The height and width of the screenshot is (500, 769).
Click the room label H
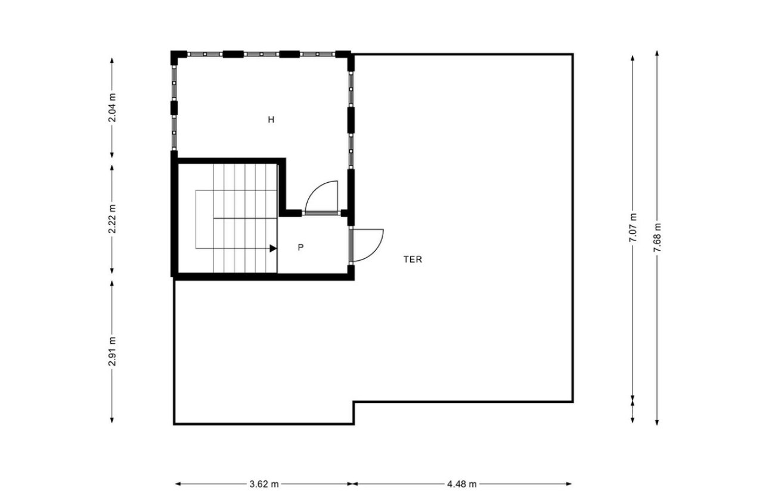(x=271, y=120)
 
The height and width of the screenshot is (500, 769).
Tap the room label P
(x=300, y=247)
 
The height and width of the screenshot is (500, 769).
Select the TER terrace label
(x=413, y=260)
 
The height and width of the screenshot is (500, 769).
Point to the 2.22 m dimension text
(x=111, y=219)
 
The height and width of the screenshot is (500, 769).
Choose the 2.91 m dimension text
(x=111, y=352)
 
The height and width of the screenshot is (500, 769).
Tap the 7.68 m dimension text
(x=657, y=237)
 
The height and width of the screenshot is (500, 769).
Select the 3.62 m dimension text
(x=264, y=484)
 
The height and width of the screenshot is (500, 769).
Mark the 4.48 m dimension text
(x=462, y=484)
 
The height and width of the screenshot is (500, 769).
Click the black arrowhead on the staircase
(x=273, y=248)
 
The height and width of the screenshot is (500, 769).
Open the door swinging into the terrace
(x=367, y=245)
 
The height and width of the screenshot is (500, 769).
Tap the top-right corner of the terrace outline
(x=572, y=55)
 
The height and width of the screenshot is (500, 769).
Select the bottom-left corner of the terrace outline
(x=174, y=424)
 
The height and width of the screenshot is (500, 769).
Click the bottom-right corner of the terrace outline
(x=572, y=402)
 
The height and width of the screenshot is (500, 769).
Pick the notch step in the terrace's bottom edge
(x=354, y=402)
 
